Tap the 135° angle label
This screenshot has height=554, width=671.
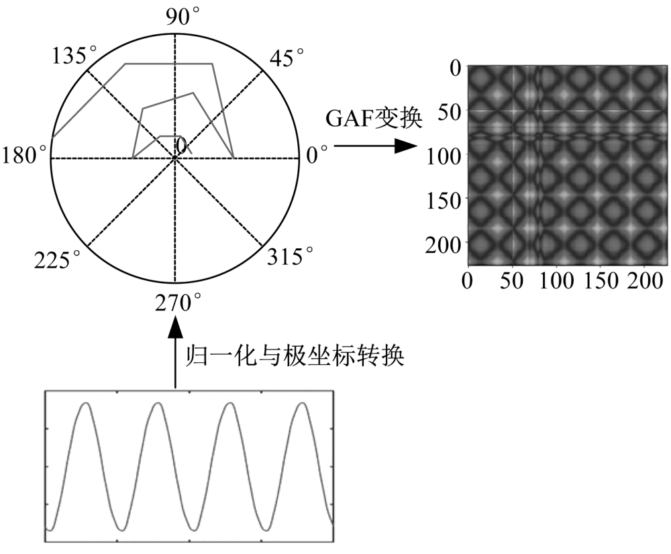coord(74,55)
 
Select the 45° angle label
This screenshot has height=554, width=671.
coord(287,57)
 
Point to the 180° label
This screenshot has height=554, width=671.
coord(24,155)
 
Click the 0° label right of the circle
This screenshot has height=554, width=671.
coord(317,154)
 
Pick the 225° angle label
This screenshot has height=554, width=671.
coord(57,260)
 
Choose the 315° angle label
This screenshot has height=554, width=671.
coord(290,256)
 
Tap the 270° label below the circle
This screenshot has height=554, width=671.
coord(178,303)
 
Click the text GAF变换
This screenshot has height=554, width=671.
coord(374,118)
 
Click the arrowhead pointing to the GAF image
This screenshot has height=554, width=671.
coord(405,146)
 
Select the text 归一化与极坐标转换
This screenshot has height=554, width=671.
coord(295,355)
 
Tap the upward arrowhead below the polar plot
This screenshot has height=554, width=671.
coord(175,327)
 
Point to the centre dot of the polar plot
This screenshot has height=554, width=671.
coord(174,158)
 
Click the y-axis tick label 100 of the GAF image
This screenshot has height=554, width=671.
coord(444,156)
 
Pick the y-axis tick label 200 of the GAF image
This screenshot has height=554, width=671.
coord(444,245)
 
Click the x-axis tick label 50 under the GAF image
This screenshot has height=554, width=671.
coord(512,281)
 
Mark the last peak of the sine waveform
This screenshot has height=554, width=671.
coord(303,403)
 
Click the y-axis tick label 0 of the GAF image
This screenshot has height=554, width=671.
coord(456,69)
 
